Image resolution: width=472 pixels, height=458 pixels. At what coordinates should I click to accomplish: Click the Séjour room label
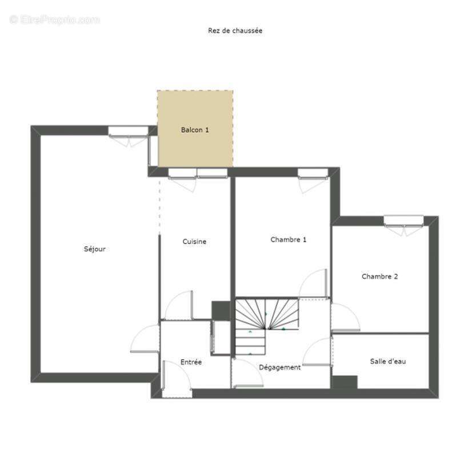[95, 249]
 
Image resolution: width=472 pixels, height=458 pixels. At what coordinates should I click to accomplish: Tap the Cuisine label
[194, 242]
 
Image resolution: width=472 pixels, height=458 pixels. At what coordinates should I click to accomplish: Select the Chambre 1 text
[288, 240]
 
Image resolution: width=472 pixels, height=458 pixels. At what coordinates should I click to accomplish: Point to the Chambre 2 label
[379, 277]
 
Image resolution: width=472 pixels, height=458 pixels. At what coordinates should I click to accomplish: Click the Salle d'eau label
[388, 361]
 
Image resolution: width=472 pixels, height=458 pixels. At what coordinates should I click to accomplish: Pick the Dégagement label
[279, 368]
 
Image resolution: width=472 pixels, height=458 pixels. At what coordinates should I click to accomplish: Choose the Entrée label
[191, 362]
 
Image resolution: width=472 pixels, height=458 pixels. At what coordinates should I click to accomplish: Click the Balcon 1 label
[195, 130]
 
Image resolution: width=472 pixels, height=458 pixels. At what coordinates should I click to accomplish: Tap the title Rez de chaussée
[235, 31]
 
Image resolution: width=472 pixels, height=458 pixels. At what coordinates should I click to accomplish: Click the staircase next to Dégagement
[266, 321]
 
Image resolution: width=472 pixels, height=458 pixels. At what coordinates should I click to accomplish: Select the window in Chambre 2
[403, 220]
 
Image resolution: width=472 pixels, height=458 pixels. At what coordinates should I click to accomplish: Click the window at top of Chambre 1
[313, 172]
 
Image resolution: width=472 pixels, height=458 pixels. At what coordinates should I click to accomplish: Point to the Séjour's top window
[129, 131]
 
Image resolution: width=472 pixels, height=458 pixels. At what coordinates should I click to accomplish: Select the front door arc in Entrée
[177, 378]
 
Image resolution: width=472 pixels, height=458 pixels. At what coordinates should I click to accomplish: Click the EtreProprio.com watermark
[55, 20]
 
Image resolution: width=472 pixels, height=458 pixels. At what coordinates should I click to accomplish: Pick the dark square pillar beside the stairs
[221, 310]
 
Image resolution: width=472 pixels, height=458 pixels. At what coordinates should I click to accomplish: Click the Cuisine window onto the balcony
[197, 173]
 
